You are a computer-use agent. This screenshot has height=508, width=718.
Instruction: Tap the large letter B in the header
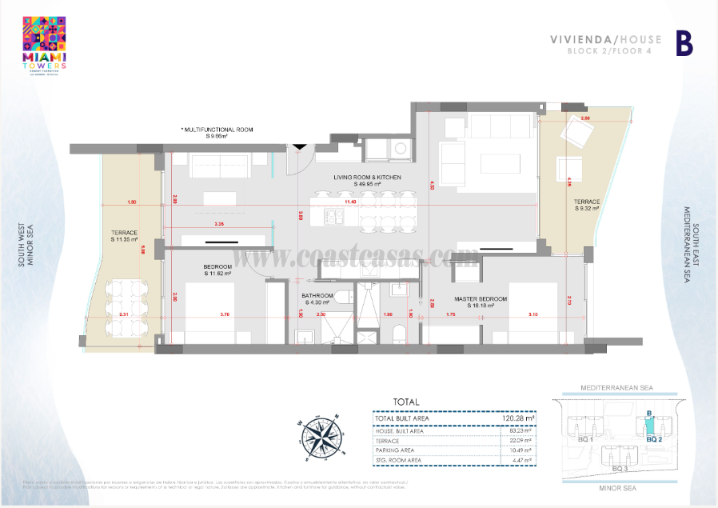(x=684, y=43)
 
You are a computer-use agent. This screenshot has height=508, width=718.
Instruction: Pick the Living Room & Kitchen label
(x=367, y=180)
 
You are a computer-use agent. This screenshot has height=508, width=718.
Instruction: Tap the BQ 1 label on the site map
(x=585, y=439)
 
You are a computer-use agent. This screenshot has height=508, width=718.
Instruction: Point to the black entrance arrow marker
(x=298, y=146)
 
